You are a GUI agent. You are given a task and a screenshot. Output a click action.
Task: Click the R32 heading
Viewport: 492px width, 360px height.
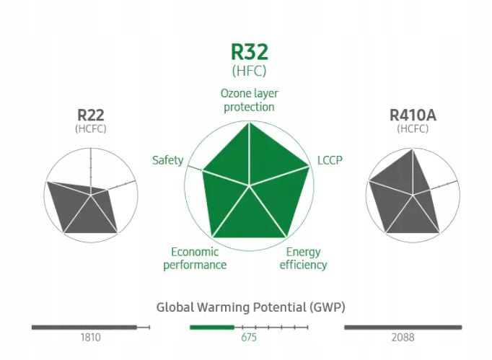249,53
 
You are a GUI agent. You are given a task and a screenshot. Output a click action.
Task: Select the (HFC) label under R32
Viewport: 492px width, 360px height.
249,71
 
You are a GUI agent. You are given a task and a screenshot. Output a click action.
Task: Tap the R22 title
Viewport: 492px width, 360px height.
91,115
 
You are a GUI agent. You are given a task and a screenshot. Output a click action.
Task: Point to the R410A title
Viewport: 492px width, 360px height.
413,115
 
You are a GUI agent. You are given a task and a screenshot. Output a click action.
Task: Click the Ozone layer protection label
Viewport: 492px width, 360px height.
249,100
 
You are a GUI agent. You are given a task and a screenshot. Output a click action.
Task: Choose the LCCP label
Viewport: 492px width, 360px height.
330,160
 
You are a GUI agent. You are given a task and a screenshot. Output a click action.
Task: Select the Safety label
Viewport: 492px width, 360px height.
167,160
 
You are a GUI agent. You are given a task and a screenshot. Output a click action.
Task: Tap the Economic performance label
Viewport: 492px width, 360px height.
195,258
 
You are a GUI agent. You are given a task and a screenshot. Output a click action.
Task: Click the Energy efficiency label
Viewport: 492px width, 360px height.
303,258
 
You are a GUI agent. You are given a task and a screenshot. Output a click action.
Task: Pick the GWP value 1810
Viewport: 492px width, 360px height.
91,337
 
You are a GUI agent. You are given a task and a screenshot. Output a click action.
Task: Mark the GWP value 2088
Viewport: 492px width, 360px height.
403,337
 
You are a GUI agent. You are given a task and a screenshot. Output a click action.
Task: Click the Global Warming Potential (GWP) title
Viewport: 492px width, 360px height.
251,307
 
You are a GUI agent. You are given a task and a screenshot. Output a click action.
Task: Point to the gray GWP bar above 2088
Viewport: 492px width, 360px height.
403,327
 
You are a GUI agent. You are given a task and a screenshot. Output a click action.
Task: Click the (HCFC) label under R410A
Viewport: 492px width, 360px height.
413,128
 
